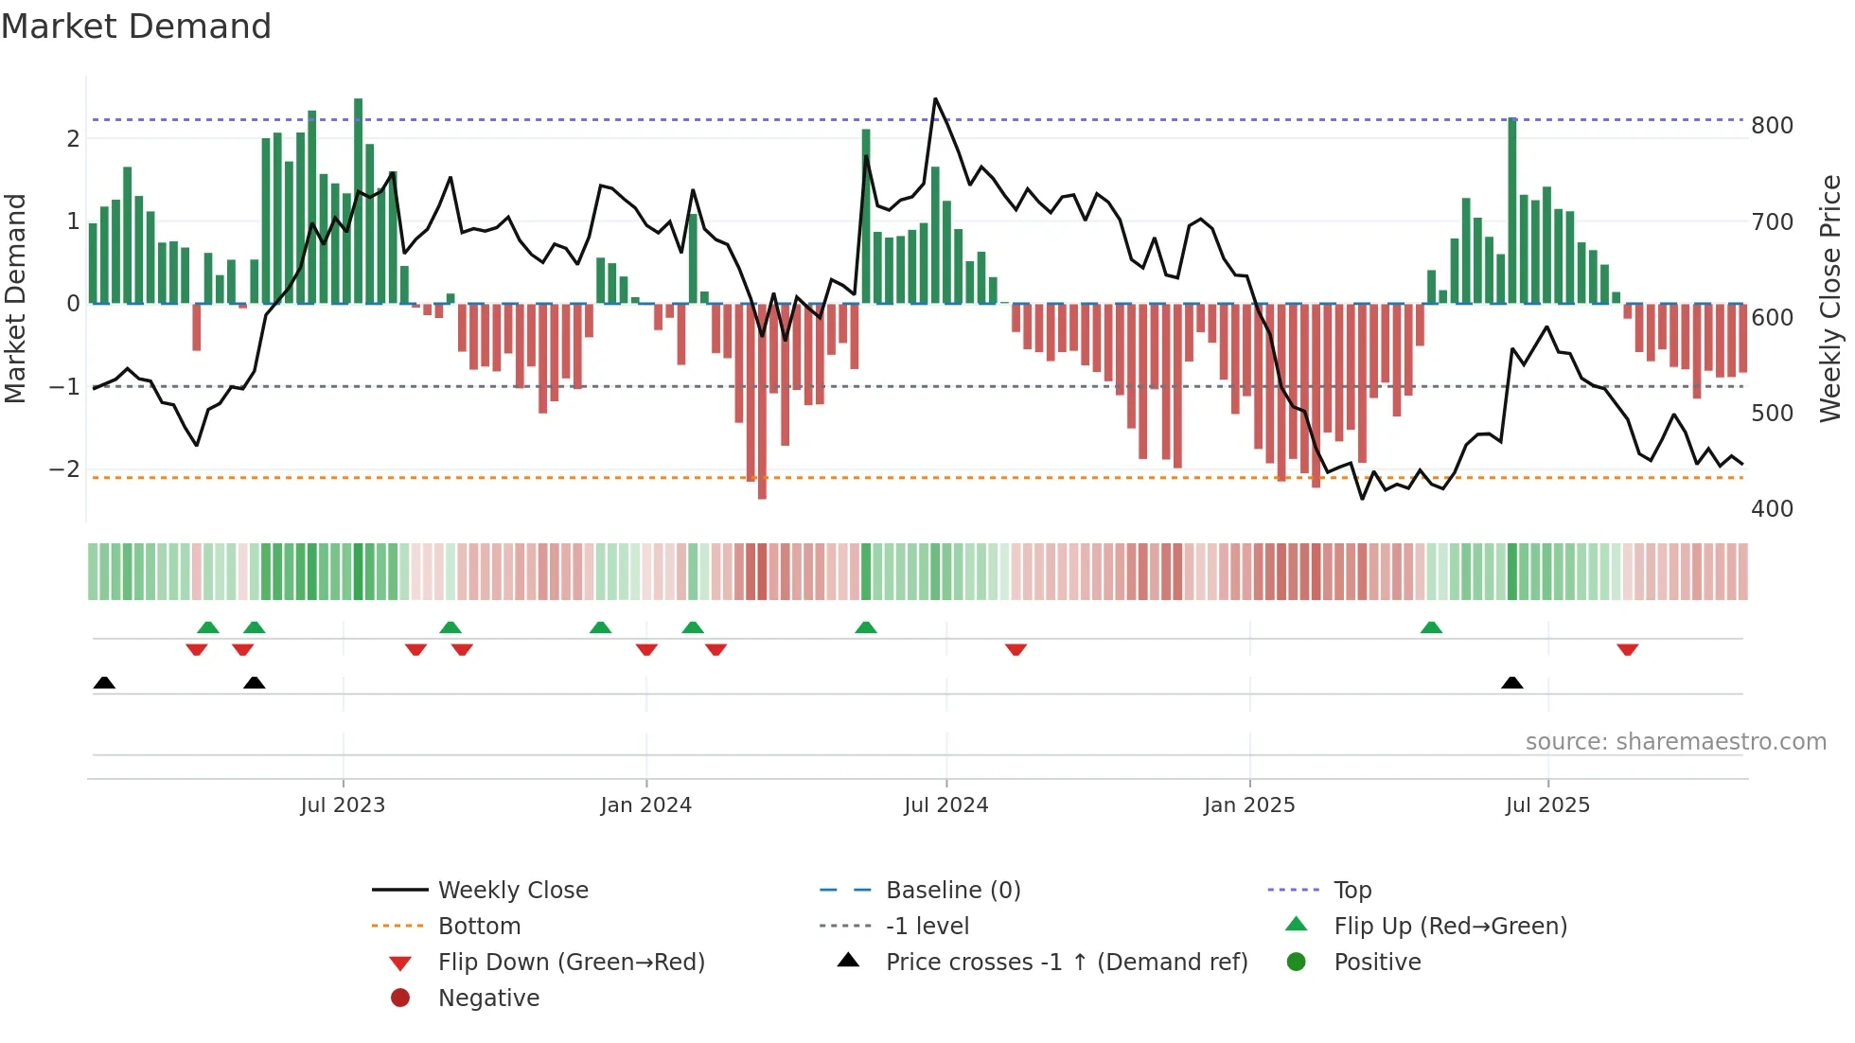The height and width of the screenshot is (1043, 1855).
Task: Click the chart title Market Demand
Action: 136,27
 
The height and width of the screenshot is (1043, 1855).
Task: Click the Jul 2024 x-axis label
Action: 945,805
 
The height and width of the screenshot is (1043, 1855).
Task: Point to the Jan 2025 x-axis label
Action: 1249,805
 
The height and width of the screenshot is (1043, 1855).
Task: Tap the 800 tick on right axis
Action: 1772,126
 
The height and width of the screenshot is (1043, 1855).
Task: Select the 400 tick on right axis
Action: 1772,509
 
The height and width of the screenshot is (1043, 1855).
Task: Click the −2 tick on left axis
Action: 64,469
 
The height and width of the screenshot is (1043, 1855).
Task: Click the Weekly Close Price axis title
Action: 1830,298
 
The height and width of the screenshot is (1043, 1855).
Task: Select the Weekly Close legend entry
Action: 512,891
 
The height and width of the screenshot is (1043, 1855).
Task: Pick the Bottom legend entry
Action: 479,927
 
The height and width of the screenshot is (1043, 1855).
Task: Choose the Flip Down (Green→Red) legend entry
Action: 571,963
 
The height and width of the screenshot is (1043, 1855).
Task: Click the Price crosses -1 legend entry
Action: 1066,963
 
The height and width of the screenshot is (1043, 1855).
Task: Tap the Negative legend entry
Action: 488,999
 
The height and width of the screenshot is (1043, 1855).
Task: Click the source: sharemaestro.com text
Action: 1675,742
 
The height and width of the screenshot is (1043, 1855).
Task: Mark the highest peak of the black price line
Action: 935,98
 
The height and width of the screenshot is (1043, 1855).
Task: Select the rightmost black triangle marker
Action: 1512,683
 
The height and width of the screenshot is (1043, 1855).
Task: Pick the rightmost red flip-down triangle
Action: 1628,649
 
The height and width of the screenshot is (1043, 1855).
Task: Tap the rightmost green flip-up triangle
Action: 1431,628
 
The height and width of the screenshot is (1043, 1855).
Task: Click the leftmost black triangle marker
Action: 104,683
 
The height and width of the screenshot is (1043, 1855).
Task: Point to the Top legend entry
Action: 1352,891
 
